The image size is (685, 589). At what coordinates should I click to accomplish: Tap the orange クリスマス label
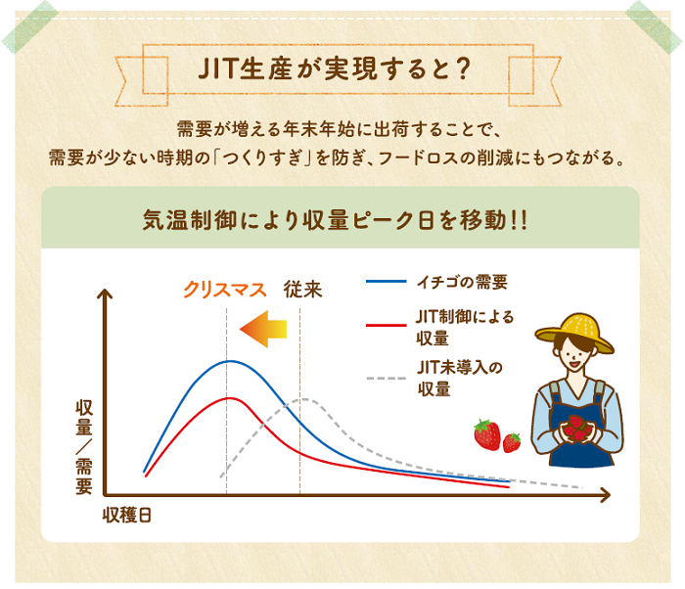tap(225, 290)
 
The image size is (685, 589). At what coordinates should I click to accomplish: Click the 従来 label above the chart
tap(302, 290)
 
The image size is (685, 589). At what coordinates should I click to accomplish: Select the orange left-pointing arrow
tap(263, 327)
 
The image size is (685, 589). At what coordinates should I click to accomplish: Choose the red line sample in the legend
tap(386, 324)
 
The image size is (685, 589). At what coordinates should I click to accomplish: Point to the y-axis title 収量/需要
tap(84, 446)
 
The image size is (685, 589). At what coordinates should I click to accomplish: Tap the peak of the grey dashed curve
tap(305, 399)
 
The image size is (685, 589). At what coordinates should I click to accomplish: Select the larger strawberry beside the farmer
tap(486, 433)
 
